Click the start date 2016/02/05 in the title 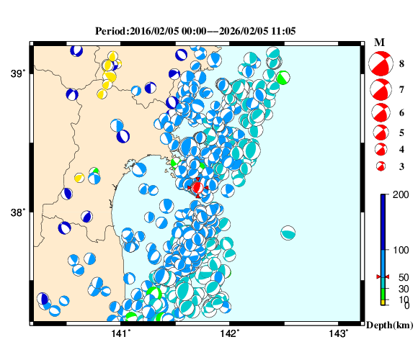click(x=155, y=32)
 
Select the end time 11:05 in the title click(x=283, y=32)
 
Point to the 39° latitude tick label click(x=18, y=73)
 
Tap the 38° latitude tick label click(x=18, y=213)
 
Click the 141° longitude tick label click(x=121, y=333)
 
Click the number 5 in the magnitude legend click(x=401, y=132)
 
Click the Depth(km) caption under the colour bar click(x=390, y=325)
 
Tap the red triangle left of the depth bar click(x=378, y=277)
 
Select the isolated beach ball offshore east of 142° click(x=288, y=233)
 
